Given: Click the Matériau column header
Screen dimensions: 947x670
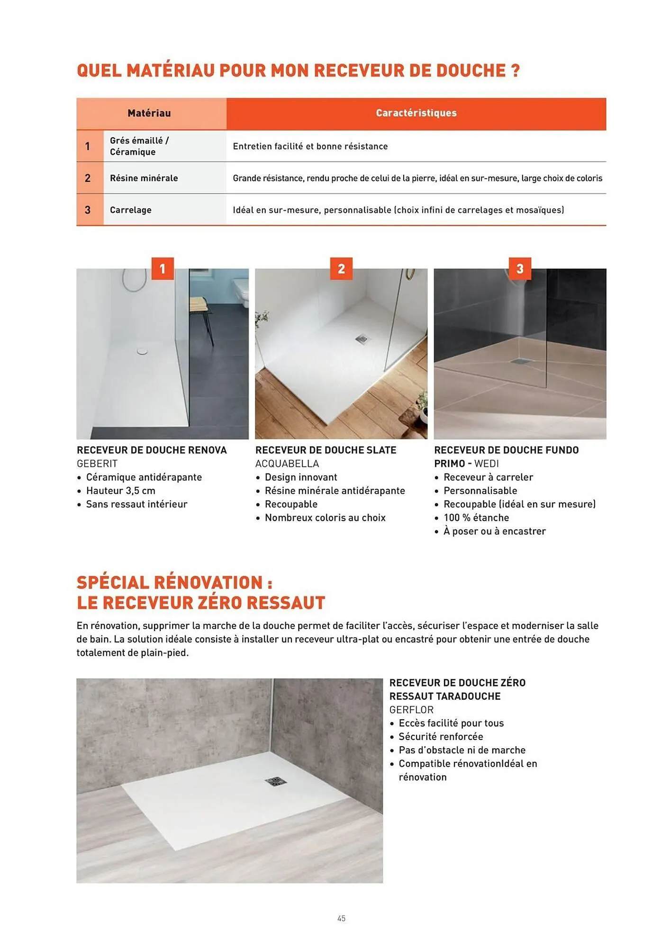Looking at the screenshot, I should [149, 113].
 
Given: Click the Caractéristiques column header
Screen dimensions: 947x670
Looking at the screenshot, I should [416, 113].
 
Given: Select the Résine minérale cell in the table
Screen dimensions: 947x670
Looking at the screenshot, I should [144, 178].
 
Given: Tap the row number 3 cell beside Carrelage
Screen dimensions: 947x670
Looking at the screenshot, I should [88, 210].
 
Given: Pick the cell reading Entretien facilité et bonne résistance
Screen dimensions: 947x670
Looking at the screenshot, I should [310, 146].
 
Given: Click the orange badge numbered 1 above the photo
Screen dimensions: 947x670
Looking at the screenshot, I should [163, 268].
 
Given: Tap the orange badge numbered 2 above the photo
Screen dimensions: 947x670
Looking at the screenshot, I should [341, 268].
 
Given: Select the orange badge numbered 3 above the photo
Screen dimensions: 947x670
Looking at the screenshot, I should [520, 268].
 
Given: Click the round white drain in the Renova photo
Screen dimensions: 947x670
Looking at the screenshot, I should [143, 351].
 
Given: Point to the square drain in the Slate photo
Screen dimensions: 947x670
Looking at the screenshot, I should [362, 339].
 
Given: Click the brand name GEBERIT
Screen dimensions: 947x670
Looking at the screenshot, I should [97, 464].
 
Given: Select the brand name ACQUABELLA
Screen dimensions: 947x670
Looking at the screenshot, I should [287, 464].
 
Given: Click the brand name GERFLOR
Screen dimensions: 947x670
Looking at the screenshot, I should [411, 710].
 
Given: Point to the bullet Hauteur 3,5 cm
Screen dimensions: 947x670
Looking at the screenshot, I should [120, 491].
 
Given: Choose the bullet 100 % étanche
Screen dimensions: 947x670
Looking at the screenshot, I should [476, 518].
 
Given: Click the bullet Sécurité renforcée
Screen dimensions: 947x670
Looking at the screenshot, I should [441, 737].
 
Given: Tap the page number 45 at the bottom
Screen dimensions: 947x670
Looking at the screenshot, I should [341, 918].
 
